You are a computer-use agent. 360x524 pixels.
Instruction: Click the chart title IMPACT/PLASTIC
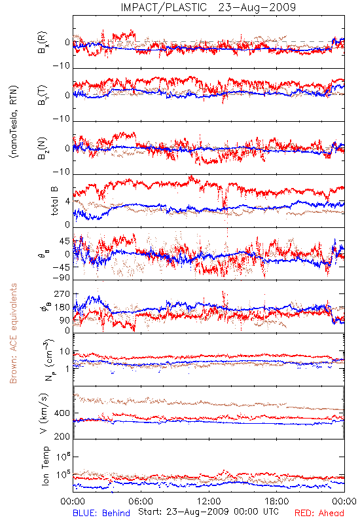point(164,7)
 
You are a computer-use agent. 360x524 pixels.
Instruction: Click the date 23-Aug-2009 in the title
point(257,7)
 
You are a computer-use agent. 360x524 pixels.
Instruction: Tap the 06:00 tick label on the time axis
point(141,501)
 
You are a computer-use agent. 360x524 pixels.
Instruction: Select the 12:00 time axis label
point(209,501)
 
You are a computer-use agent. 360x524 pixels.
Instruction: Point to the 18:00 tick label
point(276,501)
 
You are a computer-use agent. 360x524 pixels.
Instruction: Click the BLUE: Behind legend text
point(101,513)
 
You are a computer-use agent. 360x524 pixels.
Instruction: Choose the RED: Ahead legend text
point(319,513)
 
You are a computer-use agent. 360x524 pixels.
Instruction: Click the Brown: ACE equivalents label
point(13,333)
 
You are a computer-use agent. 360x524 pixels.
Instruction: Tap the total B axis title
point(54,201)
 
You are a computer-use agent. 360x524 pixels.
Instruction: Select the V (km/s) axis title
point(44,413)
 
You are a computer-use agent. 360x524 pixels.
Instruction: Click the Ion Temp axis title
point(45,466)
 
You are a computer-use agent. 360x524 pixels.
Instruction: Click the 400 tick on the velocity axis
point(62,413)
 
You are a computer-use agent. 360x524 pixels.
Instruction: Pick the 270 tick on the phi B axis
point(62,293)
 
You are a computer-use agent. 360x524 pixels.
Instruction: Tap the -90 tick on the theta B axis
point(62,278)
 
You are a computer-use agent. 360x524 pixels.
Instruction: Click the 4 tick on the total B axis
point(68,202)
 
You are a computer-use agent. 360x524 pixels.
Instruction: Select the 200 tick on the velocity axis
point(62,436)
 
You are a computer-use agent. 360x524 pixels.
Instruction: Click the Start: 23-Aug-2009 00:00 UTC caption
point(208,512)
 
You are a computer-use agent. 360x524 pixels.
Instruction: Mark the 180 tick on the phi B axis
point(62,307)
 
